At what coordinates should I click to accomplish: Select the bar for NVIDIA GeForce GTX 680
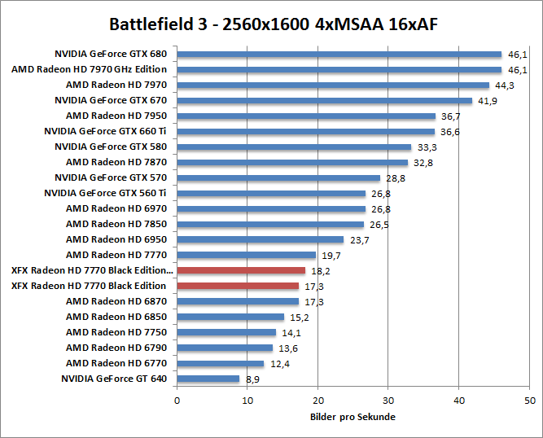339,55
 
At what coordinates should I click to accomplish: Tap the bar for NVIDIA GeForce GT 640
208,379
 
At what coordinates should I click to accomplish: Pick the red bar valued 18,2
241,270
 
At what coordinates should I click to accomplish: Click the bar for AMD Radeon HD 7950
306,116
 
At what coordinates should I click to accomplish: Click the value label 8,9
252,379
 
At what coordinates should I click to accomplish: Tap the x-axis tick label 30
388,401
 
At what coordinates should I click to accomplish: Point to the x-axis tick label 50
530,401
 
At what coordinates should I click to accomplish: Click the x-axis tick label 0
177,401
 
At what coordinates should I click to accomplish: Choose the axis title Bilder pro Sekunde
353,417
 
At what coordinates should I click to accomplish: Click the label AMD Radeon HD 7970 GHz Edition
89,69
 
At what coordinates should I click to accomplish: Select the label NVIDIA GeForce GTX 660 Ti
105,131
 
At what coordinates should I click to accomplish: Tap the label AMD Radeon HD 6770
116,363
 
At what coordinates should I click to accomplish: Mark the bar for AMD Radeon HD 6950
260,239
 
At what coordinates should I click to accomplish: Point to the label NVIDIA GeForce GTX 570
110,177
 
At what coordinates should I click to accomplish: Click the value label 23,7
357,240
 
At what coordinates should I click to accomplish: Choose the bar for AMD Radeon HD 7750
226,332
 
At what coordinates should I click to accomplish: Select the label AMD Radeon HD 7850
116,224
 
